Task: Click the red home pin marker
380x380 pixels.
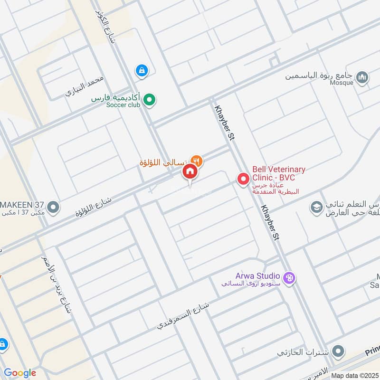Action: pyautogui.click(x=190, y=171)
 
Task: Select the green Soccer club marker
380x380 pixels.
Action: pyautogui.click(x=150, y=100)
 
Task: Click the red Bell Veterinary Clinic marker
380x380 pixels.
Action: pyautogui.click(x=243, y=179)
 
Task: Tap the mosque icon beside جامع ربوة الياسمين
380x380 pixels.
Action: pyautogui.click(x=362, y=77)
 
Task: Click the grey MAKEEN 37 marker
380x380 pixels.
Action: pyautogui.click(x=53, y=208)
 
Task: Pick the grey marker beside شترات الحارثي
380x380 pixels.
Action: pyautogui.click(x=338, y=352)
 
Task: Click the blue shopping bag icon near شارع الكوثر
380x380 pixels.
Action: pyautogui.click(x=142, y=71)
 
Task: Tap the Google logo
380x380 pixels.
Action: pyautogui.click(x=20, y=373)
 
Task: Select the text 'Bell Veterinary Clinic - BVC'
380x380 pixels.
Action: pyautogui.click(x=279, y=173)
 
